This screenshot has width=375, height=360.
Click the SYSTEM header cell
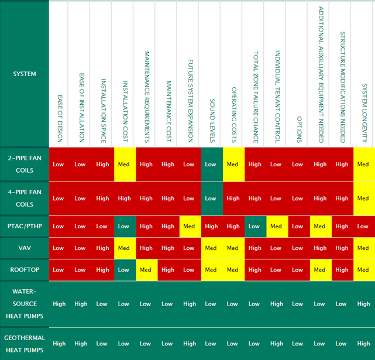pos(25,74)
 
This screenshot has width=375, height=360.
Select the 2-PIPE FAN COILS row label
pos(25,164)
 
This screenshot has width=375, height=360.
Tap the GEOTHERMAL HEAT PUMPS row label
pos(25,344)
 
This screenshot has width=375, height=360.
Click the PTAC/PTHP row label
pos(25,227)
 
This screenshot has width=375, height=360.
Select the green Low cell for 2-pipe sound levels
pos(211,164)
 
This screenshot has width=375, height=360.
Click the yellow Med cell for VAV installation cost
pos(124,248)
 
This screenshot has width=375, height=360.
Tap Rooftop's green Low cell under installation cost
pos(124,270)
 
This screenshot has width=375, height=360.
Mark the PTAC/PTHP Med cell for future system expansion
pos(189,227)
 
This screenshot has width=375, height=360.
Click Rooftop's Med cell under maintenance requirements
pos(146,270)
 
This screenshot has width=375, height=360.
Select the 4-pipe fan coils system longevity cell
pos(363,198)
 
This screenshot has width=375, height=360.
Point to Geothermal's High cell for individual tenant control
pos(276,344)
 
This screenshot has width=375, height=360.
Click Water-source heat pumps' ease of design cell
pos(59,304)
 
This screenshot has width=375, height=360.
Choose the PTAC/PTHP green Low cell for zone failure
pos(254,227)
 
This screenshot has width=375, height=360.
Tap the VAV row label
pos(25,248)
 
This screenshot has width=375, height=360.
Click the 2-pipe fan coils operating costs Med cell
pos(233,164)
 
